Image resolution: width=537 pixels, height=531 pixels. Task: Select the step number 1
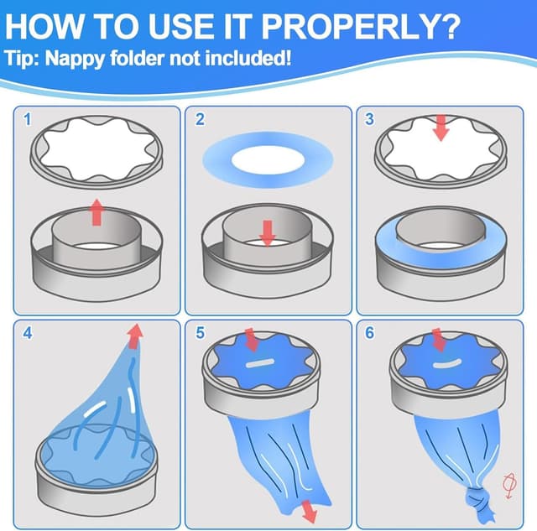(28, 120)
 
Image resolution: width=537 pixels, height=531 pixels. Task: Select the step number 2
(200, 120)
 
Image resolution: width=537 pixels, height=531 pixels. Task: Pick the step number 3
(370, 120)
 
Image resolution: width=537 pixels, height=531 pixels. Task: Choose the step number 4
(28, 333)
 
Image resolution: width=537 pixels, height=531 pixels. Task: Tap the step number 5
(200, 333)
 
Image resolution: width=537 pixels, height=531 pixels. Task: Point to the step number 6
(370, 333)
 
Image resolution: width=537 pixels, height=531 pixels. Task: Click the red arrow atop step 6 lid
(438, 340)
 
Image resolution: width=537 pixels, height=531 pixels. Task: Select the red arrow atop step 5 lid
(252, 340)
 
